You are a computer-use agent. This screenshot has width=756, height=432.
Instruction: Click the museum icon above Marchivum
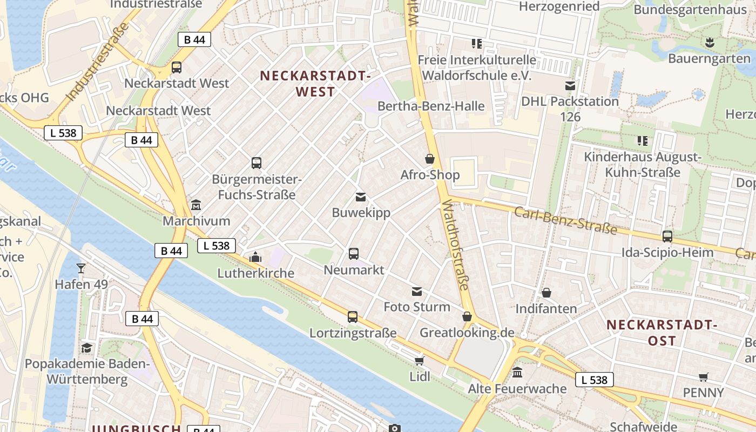coord(196,205)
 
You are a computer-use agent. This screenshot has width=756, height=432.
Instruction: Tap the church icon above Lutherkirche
coord(255,257)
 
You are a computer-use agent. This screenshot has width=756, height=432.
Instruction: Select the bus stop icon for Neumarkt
coord(354,253)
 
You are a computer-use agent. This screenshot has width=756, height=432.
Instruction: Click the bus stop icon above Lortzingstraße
coord(353,317)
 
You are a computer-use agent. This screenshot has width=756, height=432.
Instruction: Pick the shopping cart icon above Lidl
coord(420,361)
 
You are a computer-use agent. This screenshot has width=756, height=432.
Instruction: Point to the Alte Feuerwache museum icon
coord(517,373)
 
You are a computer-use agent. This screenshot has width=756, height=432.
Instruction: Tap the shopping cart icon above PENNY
coord(703,377)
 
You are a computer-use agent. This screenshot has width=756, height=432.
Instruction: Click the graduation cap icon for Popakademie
coord(86,347)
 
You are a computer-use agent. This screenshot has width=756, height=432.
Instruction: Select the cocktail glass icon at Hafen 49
coord(81,268)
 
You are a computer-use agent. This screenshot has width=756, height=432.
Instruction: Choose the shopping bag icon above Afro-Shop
coord(430,159)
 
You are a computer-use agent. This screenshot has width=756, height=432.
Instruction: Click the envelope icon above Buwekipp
coord(361,197)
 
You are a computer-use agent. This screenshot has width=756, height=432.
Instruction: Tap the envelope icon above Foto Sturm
coord(417,292)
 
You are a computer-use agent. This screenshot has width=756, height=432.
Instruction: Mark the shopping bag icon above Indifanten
coord(546,293)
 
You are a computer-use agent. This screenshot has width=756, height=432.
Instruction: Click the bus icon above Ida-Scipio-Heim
coord(667,236)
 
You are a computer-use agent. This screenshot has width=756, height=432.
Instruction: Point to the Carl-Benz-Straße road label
coord(565,220)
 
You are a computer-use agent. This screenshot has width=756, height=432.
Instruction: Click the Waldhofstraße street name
coord(456,244)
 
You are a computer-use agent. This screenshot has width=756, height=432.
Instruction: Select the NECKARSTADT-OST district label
coord(661,333)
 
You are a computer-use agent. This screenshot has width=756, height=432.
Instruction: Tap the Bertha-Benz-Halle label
coord(431,106)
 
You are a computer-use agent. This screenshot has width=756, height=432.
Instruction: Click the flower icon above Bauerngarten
coord(710,42)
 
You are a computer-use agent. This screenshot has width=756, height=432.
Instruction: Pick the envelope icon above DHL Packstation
coord(570,85)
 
